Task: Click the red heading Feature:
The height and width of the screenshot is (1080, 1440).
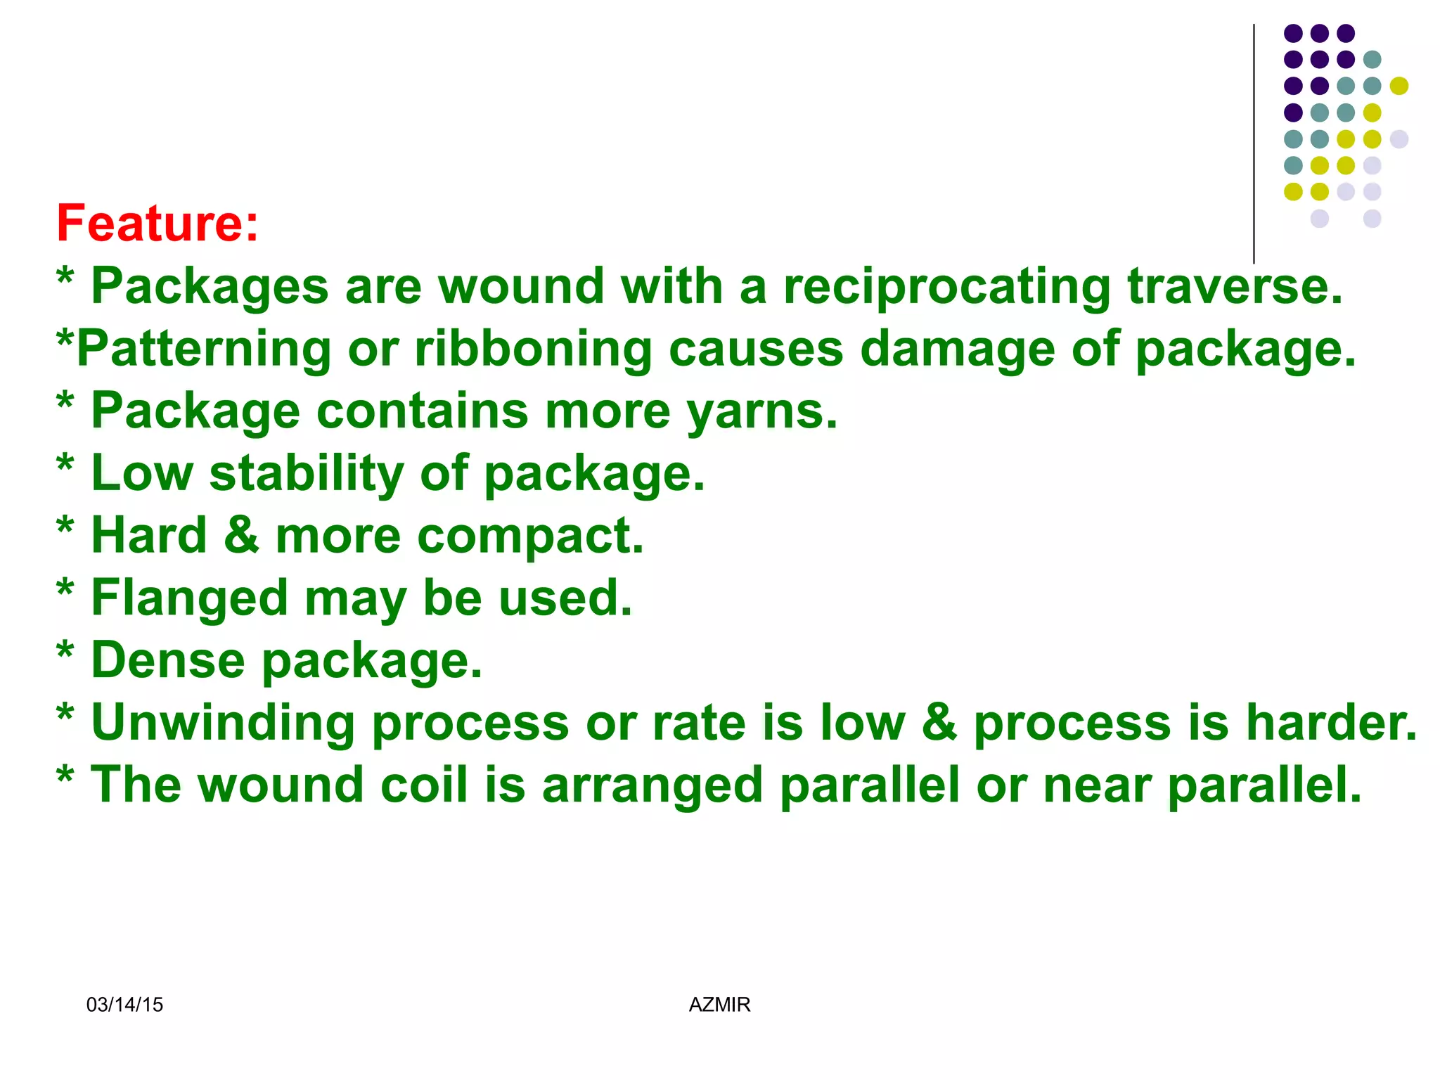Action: pyautogui.click(x=157, y=224)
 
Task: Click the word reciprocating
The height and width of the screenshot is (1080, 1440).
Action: pyautogui.click(x=946, y=287)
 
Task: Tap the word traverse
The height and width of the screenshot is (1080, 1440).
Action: pyautogui.click(x=1235, y=287)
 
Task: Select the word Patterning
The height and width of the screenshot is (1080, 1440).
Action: pyautogui.click(x=203, y=349)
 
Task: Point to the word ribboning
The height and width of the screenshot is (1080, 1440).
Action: pyautogui.click(x=533, y=349)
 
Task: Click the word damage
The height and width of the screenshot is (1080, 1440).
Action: pyautogui.click(x=957, y=349)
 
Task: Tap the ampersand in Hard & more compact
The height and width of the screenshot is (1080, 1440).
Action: pyautogui.click(x=241, y=536)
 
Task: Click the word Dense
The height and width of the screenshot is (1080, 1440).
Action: pyautogui.click(x=168, y=661)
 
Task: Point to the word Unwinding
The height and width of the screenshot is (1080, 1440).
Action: pyautogui.click(x=223, y=723)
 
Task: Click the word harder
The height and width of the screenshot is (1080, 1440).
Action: pyautogui.click(x=1331, y=723)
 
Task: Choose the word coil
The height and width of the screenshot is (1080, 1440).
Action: pyautogui.click(x=424, y=785)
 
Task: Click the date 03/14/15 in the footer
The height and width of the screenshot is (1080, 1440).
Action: pyautogui.click(x=124, y=1005)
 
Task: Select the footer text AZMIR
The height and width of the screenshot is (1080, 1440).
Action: pyautogui.click(x=719, y=1005)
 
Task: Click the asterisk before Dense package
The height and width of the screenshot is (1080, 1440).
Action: pyautogui.click(x=65, y=650)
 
